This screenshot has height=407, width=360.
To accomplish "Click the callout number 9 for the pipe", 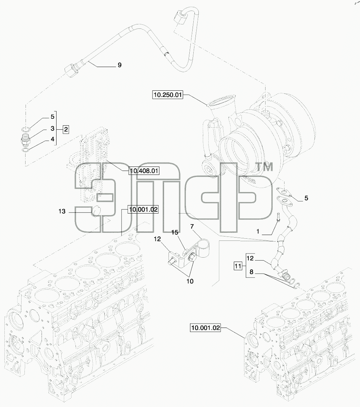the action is click(x=120, y=65).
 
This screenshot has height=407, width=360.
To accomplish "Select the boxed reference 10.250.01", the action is click(x=167, y=95).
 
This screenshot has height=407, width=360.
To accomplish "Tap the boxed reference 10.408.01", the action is click(x=144, y=171).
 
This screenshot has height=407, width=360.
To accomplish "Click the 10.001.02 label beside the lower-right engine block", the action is click(x=205, y=328).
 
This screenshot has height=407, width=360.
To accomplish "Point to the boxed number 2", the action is click(x=66, y=129).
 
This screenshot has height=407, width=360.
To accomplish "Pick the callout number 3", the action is click(x=53, y=128).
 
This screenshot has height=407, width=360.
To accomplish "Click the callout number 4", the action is click(x=53, y=139).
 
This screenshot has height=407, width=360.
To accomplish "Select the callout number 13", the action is click(x=62, y=212).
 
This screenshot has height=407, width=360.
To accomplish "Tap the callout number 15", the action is click(x=175, y=232).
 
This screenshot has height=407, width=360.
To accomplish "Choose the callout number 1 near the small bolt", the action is click(x=258, y=231).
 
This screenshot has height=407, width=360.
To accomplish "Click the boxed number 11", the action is click(x=238, y=266).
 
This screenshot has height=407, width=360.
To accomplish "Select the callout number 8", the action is click(x=251, y=272).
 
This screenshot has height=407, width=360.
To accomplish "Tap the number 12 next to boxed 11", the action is click(x=250, y=258).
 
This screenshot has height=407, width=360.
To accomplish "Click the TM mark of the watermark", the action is click(x=265, y=167).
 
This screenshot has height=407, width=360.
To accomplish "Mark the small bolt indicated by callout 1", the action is click(x=278, y=217).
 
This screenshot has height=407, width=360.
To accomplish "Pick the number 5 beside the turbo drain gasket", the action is click(x=306, y=198).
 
